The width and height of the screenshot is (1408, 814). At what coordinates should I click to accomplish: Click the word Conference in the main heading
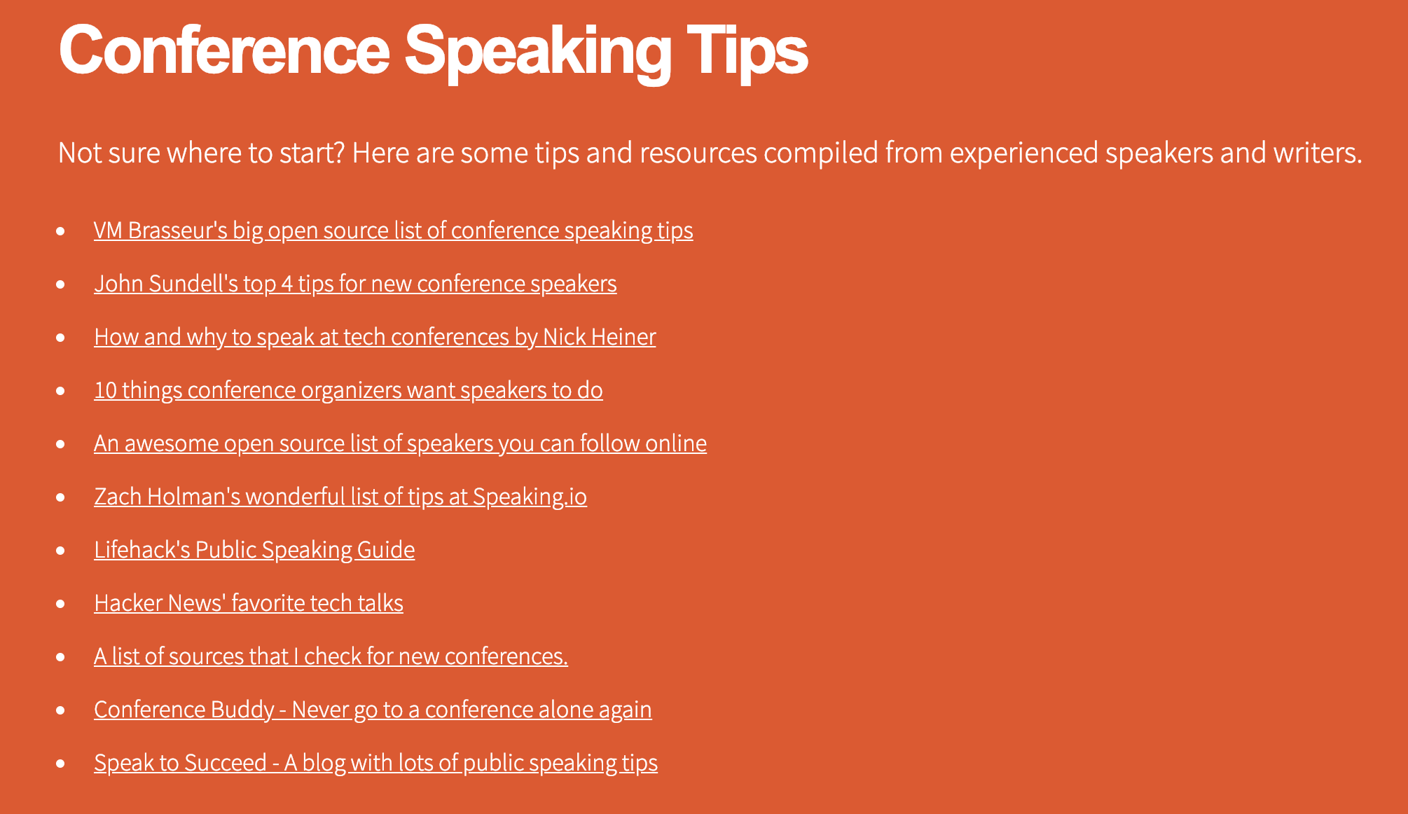click(224, 49)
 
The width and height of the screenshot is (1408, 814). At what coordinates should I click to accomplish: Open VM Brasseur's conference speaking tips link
click(394, 230)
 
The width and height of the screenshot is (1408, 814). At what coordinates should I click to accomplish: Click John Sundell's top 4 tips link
click(355, 284)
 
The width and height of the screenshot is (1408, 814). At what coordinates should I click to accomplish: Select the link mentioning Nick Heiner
click(375, 337)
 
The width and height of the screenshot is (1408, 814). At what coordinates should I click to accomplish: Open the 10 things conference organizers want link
click(348, 390)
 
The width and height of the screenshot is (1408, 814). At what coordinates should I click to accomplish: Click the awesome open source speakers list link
click(400, 443)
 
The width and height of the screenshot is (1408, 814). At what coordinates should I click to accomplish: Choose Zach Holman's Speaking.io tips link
click(340, 497)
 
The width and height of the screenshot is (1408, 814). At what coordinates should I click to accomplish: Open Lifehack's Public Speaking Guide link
click(254, 550)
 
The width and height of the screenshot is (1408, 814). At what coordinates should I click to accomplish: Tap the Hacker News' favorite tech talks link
click(249, 603)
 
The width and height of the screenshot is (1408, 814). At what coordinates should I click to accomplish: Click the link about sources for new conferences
click(331, 656)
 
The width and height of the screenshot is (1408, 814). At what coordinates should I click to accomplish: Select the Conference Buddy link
click(373, 710)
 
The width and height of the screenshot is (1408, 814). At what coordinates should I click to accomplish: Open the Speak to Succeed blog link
click(375, 763)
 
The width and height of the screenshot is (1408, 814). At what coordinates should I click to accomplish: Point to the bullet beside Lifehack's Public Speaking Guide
click(61, 551)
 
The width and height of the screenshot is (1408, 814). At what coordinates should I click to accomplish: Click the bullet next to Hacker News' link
click(61, 604)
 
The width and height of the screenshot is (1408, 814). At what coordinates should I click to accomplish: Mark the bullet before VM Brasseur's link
click(61, 231)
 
